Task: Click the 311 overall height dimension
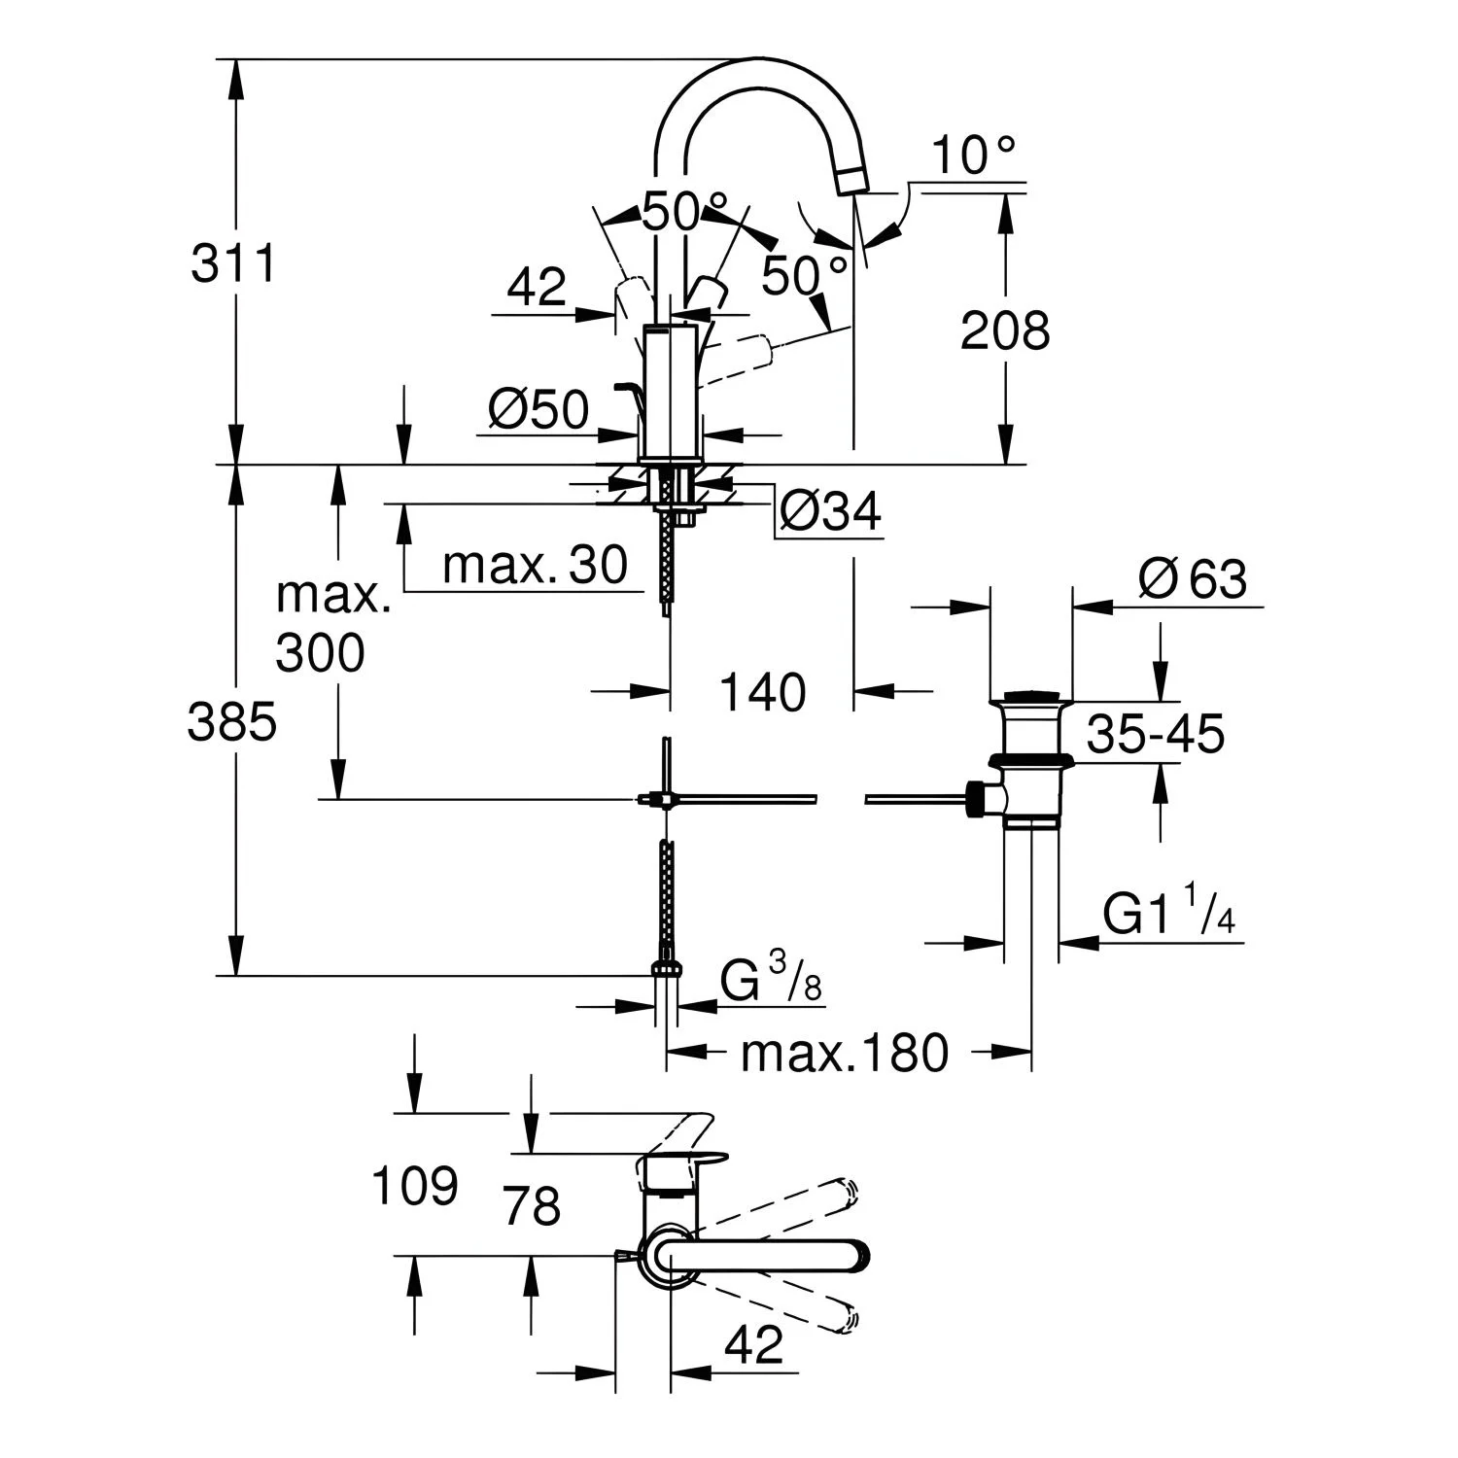point(233,263)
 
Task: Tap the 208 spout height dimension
point(1005,330)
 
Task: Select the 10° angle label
point(974,155)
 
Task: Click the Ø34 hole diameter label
point(830,511)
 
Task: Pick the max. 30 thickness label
point(536,565)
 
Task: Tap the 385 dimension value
point(232,723)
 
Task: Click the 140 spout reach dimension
point(763,692)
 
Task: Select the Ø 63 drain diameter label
point(1193,580)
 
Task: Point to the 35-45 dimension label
point(1156,734)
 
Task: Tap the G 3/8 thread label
point(771,979)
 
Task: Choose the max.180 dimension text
point(844,1053)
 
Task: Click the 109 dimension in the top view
point(415,1185)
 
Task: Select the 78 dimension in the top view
point(533,1206)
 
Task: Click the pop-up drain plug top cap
point(1031,697)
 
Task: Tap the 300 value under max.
point(320,652)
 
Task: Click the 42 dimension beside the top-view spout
point(754,1344)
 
